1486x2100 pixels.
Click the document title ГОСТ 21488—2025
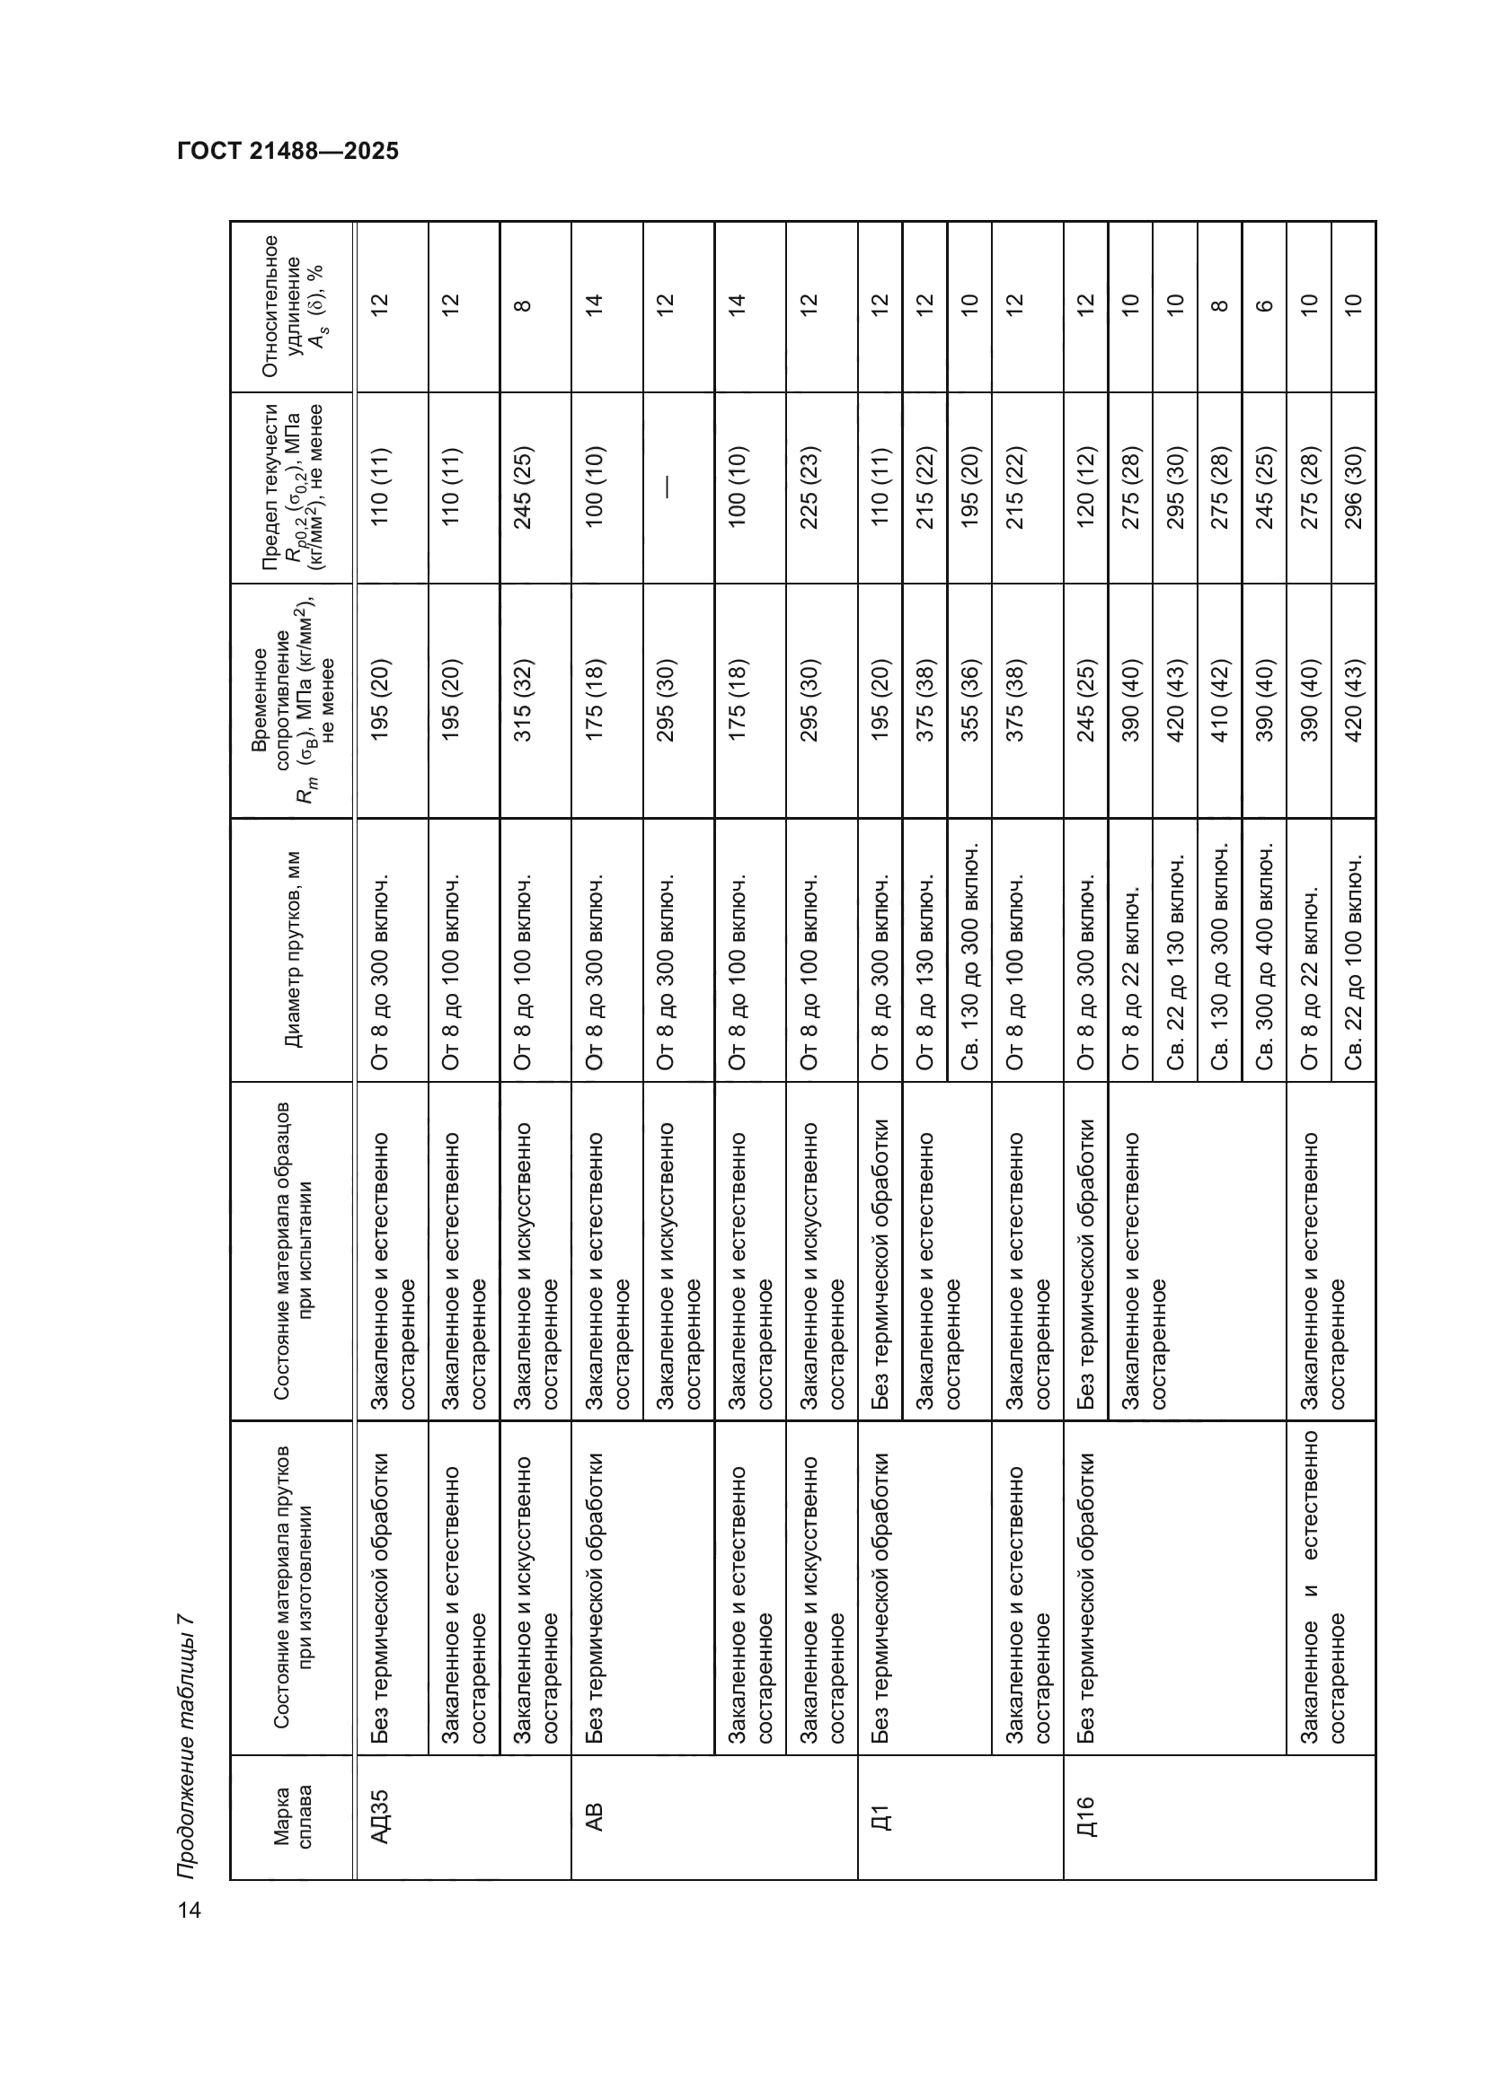click(x=288, y=152)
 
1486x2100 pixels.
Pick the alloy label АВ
click(x=594, y=1815)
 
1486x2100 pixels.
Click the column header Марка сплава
click(x=292, y=1816)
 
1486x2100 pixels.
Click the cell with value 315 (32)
click(x=524, y=700)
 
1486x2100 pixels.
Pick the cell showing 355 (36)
click(x=970, y=700)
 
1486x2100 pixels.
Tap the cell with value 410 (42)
click(x=1220, y=700)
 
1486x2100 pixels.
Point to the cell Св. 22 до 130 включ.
click(x=1175, y=962)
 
